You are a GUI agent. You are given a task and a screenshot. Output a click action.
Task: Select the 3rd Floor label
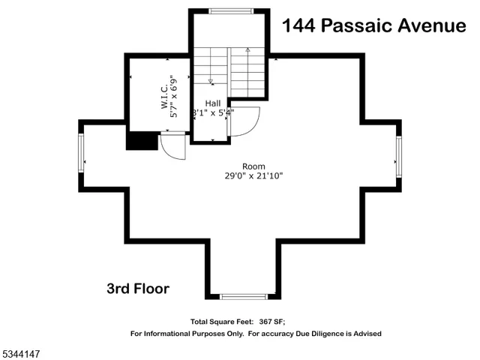tap(137, 289)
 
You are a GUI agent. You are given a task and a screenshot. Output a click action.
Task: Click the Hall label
tap(213, 103)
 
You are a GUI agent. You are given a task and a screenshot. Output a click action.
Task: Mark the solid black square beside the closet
tap(141, 141)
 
